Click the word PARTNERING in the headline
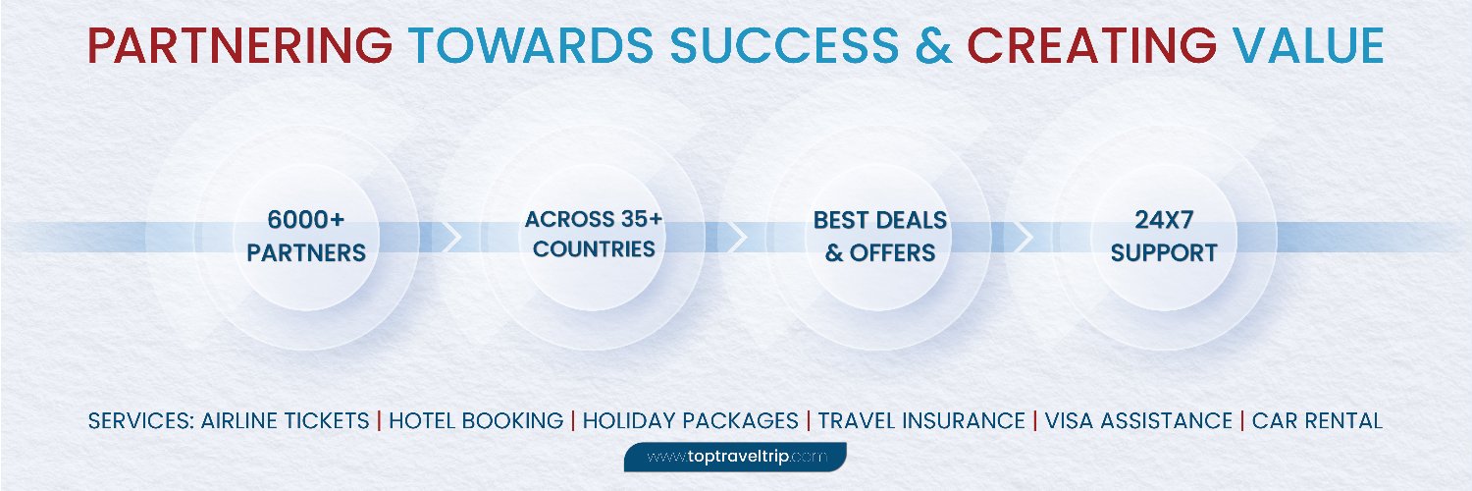(x=239, y=45)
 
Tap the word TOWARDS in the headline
(x=531, y=45)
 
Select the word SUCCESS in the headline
(x=785, y=45)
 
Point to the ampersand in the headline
(x=933, y=45)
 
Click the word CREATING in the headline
(x=1091, y=45)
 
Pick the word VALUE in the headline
(x=1309, y=45)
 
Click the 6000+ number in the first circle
(x=306, y=220)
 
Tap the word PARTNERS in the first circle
(x=306, y=253)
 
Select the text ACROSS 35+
(x=594, y=219)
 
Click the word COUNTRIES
(x=594, y=249)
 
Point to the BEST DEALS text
(x=880, y=220)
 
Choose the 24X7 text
(x=1164, y=220)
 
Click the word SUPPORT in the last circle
(x=1164, y=253)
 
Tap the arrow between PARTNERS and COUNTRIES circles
(x=451, y=237)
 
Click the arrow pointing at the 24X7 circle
(x=1024, y=237)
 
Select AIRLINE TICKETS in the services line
(x=286, y=420)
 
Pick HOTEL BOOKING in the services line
(x=476, y=420)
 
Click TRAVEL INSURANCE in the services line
(x=921, y=420)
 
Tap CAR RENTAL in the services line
(x=1318, y=420)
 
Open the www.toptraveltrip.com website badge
(x=735, y=457)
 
